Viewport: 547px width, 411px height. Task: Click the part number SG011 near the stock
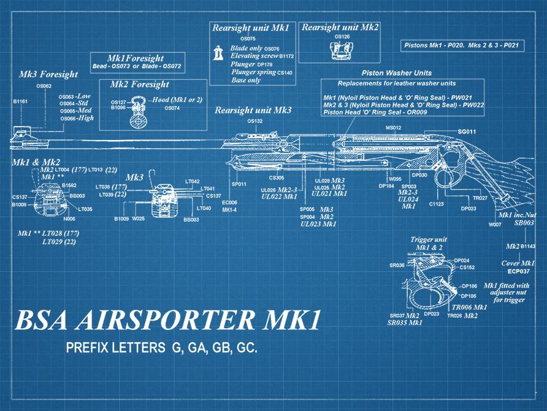click(x=467, y=132)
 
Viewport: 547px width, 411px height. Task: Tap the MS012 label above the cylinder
click(x=393, y=128)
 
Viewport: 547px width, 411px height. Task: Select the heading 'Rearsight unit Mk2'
click(x=340, y=28)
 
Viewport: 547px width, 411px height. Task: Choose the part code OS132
click(x=255, y=122)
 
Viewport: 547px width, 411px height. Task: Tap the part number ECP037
click(x=518, y=270)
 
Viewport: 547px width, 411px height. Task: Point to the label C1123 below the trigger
click(x=437, y=203)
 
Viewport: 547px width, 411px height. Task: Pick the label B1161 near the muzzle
click(x=20, y=101)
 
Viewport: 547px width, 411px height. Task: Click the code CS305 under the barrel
click(x=277, y=178)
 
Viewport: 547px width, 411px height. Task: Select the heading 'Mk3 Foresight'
click(x=48, y=74)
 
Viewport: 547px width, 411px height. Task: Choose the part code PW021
click(x=469, y=98)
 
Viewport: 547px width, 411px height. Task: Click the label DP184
click(x=386, y=186)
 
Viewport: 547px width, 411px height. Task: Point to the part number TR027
click(x=480, y=198)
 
